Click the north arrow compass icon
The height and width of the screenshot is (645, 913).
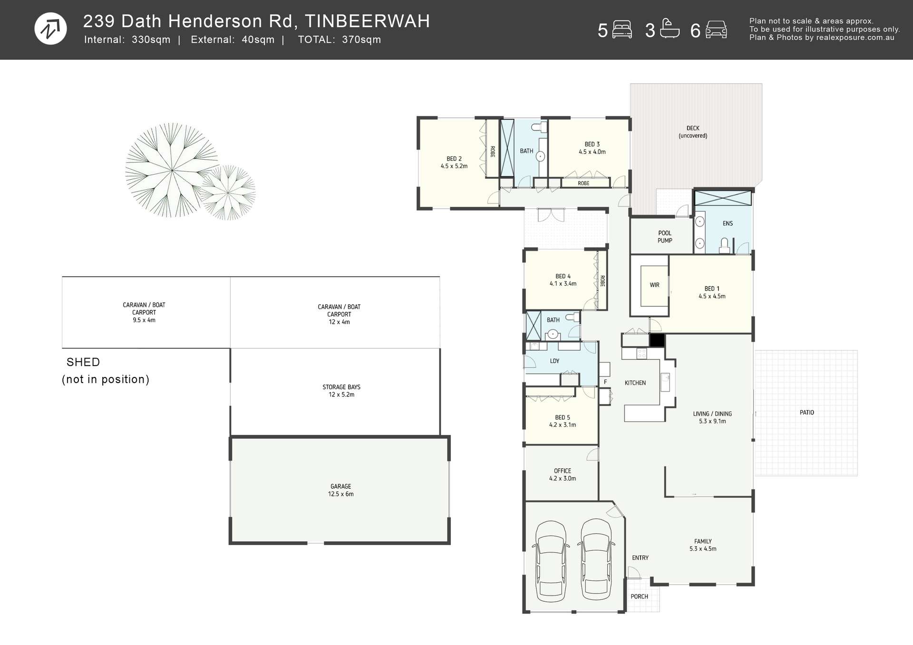coord(51,29)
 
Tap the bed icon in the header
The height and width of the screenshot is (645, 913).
coord(622,29)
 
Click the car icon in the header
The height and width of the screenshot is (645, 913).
coord(716,29)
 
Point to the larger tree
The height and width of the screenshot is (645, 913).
coord(171,170)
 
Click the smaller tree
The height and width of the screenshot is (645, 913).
coord(229,193)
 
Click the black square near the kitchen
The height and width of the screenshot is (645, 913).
coord(657,340)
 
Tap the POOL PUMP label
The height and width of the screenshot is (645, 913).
coord(664,237)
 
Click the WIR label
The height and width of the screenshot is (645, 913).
coord(654,285)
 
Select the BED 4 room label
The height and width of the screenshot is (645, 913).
coord(563,276)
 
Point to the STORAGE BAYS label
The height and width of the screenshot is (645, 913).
coord(341,387)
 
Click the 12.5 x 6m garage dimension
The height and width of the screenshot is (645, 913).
coord(340,494)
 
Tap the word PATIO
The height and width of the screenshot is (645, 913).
coord(806,413)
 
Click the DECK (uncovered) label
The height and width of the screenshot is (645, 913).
coord(693,132)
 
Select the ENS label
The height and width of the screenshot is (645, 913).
coord(728,223)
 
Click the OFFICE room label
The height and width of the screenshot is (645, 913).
coord(562,471)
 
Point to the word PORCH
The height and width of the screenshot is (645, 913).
coord(639,597)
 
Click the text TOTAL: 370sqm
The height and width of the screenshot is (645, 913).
coord(339,40)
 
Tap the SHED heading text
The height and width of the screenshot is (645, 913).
coord(83,362)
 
